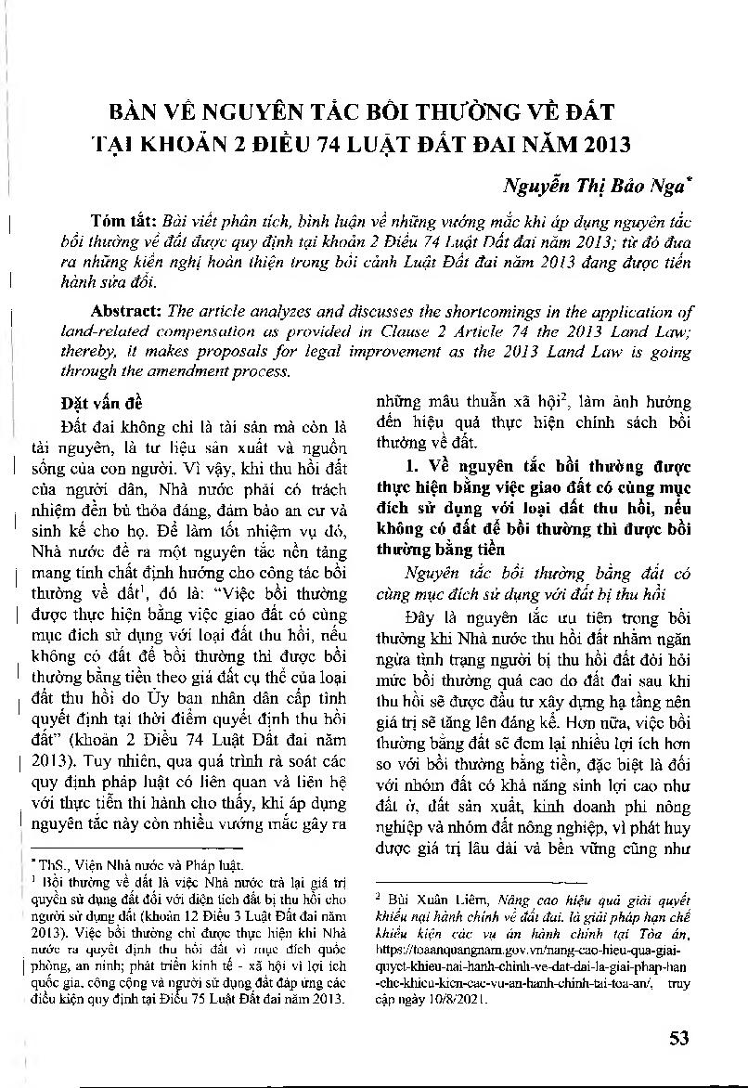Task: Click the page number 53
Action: (678, 1038)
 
